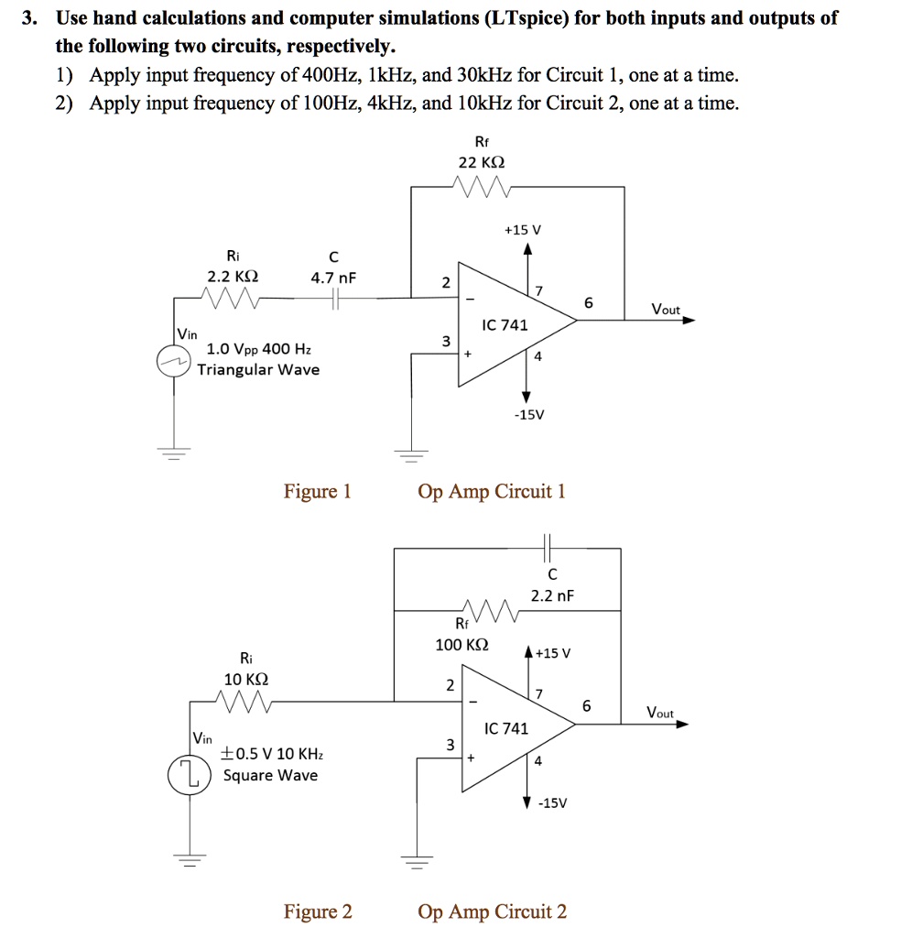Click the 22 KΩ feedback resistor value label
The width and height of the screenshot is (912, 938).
click(x=482, y=162)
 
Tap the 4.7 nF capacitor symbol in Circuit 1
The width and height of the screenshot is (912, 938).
click(x=335, y=299)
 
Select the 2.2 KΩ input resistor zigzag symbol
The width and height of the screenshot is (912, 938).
click(x=230, y=298)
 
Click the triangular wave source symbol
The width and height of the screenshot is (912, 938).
click(x=173, y=361)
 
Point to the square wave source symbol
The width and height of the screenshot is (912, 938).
click(x=189, y=775)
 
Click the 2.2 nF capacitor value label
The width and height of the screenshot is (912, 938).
click(x=552, y=595)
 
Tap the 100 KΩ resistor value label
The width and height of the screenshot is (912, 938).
click(x=461, y=645)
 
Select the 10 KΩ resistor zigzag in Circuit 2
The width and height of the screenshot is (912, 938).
click(x=244, y=701)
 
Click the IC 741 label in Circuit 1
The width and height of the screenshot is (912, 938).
click(x=505, y=325)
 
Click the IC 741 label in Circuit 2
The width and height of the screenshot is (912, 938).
click(x=506, y=728)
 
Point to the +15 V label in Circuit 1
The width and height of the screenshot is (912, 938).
click(x=523, y=230)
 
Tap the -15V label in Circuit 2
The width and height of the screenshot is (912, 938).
click(x=552, y=802)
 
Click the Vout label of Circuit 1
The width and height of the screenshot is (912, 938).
click(x=666, y=310)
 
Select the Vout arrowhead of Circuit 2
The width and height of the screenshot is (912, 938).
click(x=682, y=724)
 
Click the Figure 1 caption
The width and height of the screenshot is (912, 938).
click(x=317, y=492)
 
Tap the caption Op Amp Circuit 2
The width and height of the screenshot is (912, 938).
click(x=492, y=911)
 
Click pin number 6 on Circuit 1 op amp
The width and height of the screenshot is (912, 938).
click(x=589, y=302)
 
